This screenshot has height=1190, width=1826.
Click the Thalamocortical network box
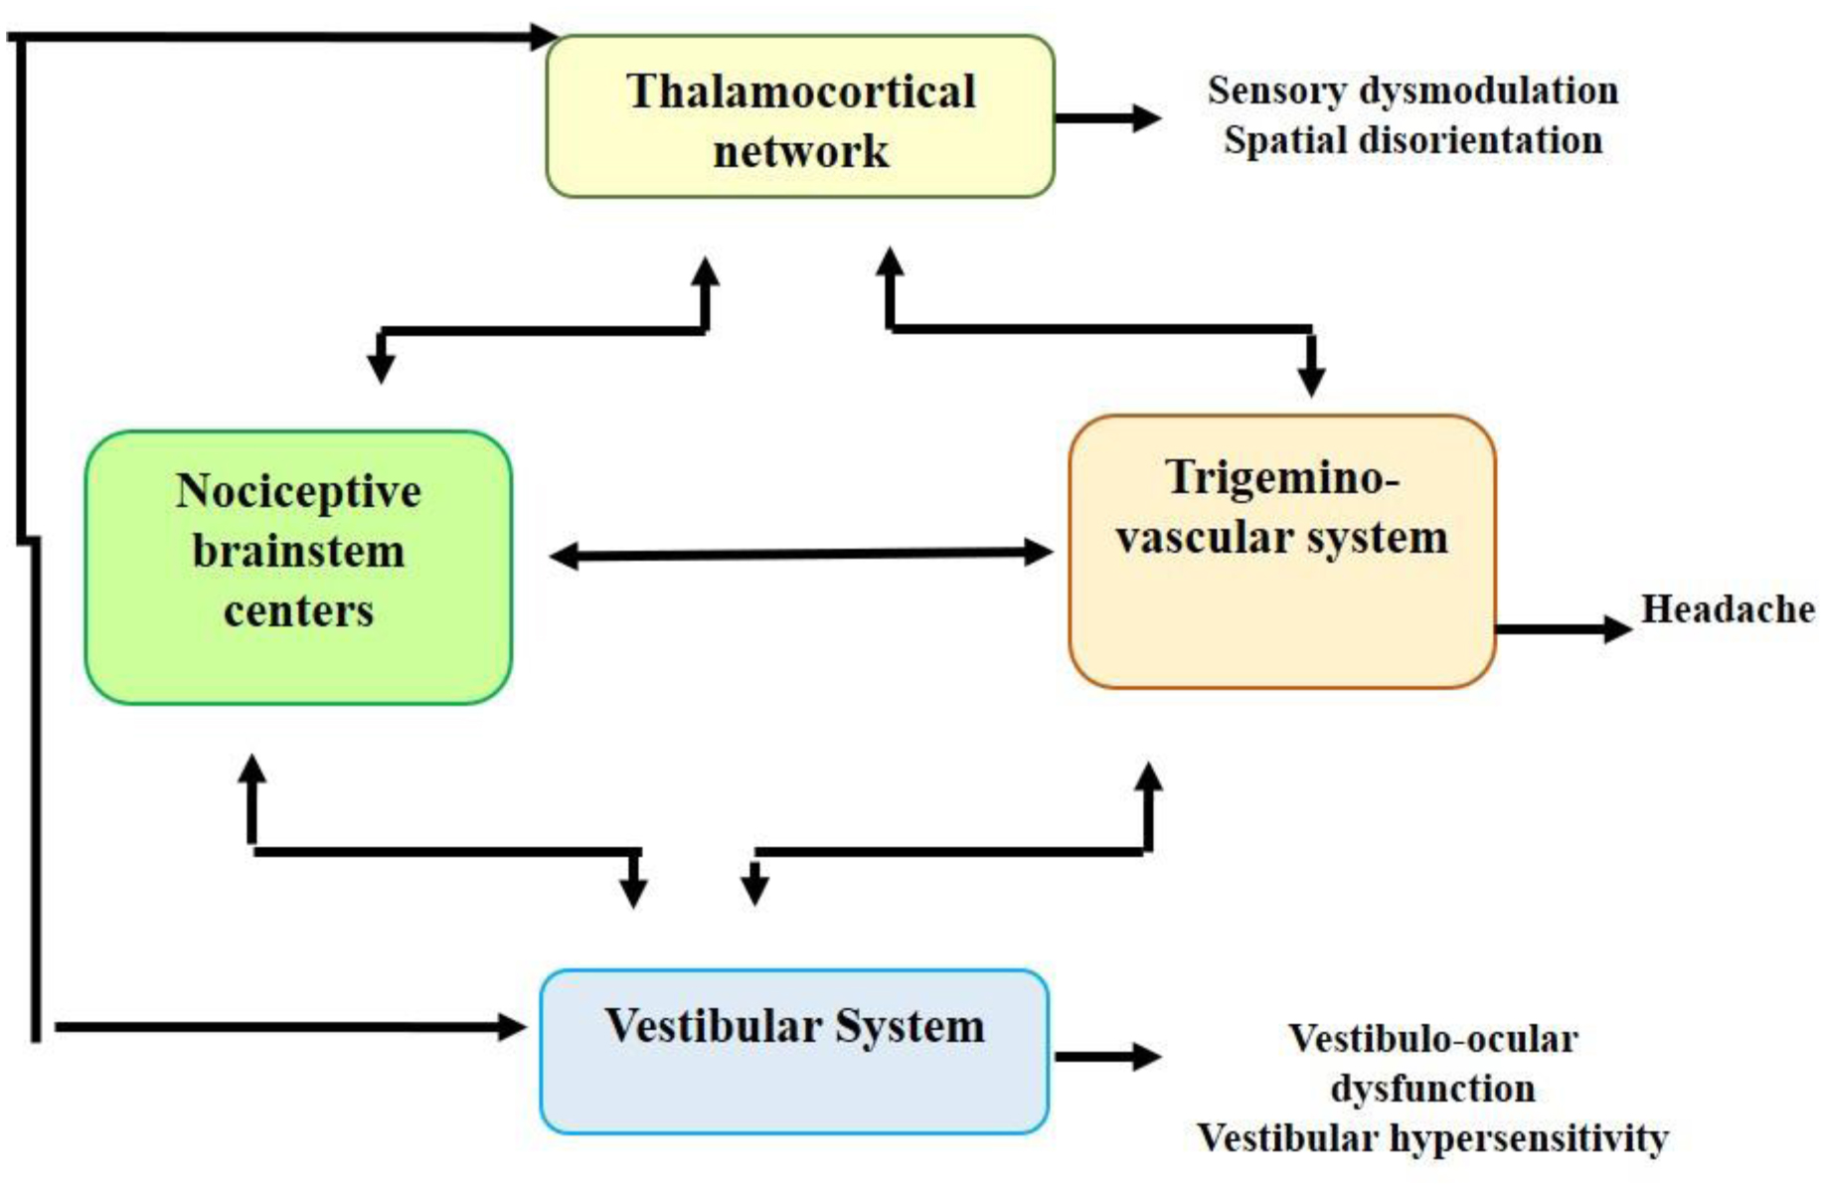[800, 116]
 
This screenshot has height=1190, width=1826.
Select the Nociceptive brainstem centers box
[298, 567]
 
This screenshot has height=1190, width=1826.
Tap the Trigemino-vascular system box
[1282, 552]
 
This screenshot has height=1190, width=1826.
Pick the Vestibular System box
[794, 1052]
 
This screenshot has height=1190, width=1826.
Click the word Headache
[1728, 608]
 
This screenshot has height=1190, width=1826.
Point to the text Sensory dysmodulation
[1412, 90]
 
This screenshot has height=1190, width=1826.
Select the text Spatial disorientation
[1412, 140]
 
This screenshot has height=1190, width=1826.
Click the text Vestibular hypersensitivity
[1432, 1137]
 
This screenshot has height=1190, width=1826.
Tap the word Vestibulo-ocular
[1432, 1039]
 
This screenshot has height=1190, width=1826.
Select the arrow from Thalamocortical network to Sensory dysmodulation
[1107, 117]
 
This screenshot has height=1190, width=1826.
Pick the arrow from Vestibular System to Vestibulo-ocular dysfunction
[1107, 1056]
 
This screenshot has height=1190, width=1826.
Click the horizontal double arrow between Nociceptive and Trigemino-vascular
[800, 554]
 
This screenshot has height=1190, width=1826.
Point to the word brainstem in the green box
[298, 551]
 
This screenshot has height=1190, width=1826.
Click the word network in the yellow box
[800, 151]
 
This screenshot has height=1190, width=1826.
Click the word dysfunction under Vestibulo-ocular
[1432, 1089]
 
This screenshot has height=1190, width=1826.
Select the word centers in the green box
[298, 610]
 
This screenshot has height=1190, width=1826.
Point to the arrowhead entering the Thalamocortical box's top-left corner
[543, 38]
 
